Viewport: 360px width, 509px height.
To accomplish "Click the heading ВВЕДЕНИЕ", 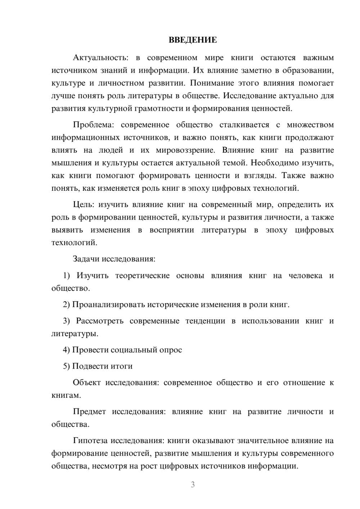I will pos(193,40).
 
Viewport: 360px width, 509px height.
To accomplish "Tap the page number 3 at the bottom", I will pos(193,485).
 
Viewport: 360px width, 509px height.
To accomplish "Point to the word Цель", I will pos(83,205).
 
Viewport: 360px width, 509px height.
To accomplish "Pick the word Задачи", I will pos(86,259).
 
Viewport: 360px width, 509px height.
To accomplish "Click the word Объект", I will pos(87,383).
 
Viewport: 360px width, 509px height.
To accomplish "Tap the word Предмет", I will pos(89,412).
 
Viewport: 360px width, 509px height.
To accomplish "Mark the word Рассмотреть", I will pos(100,321).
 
